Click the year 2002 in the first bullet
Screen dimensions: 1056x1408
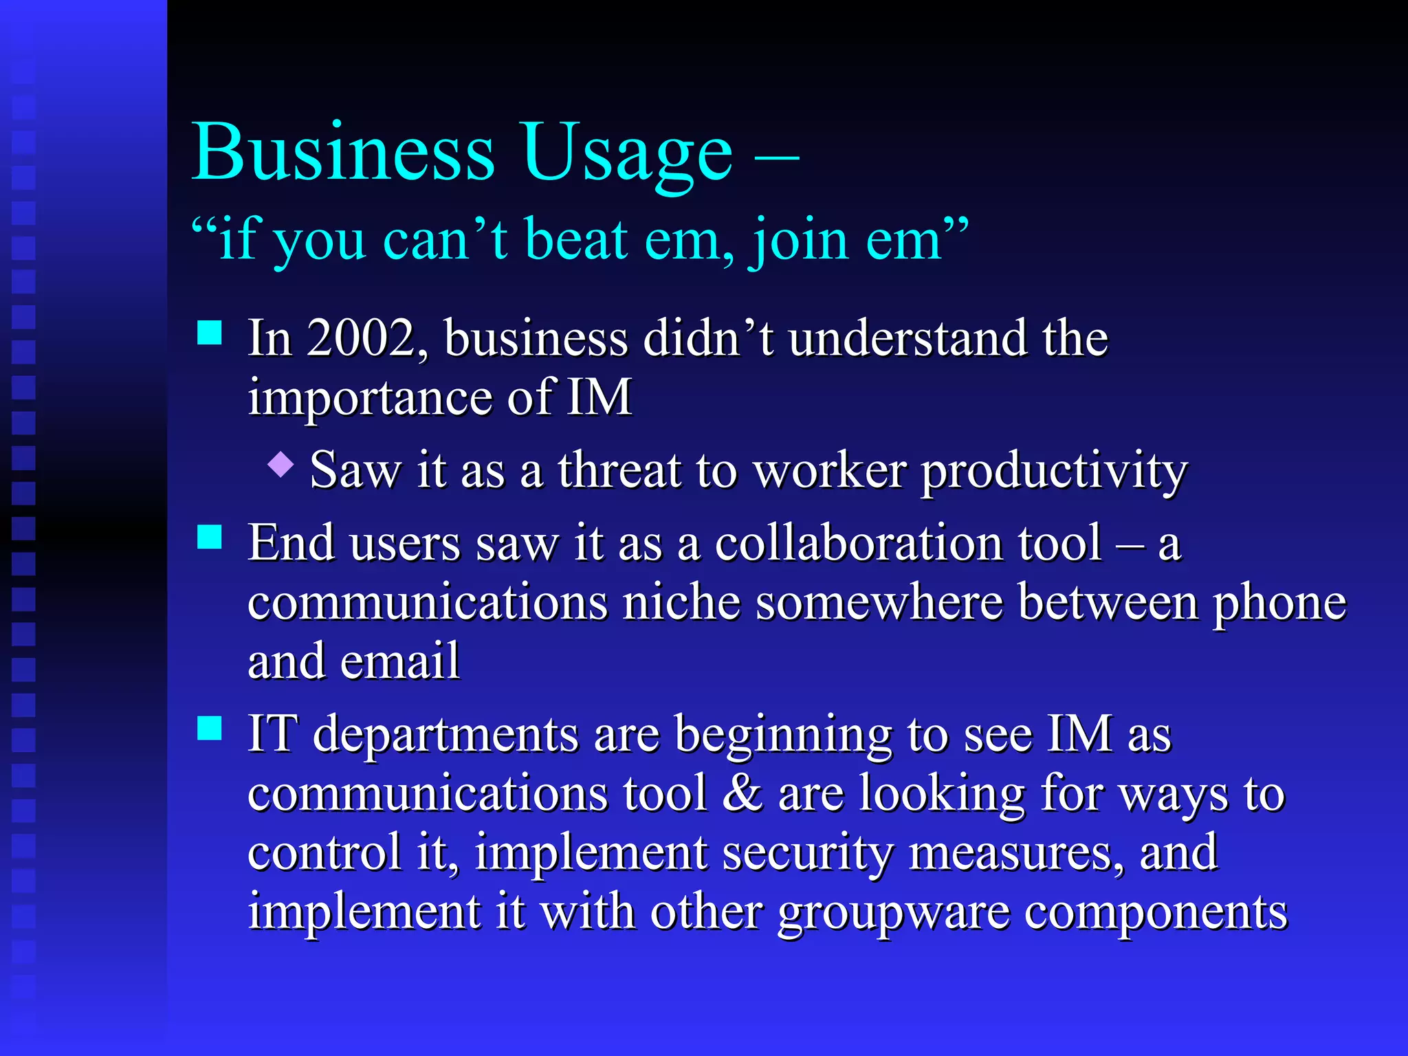click(362, 338)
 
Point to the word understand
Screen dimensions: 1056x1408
click(907, 338)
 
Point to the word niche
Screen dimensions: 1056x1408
click(681, 602)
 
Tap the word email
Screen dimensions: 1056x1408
click(399, 661)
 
